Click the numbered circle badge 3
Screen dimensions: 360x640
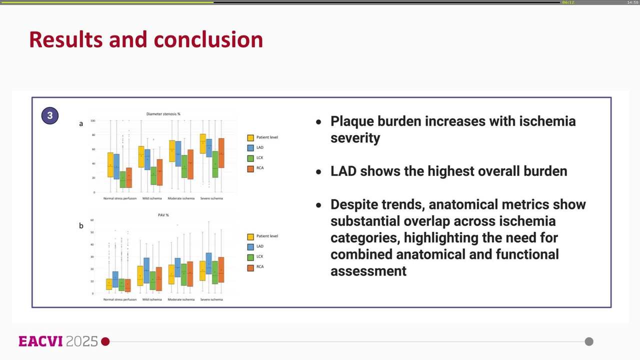click(x=50, y=115)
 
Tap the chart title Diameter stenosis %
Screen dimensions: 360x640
click(x=163, y=114)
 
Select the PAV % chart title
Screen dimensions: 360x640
click(x=163, y=215)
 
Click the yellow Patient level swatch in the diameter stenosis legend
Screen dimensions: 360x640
click(x=251, y=137)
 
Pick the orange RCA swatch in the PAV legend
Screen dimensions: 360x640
click(x=251, y=267)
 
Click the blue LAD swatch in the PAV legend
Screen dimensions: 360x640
click(x=251, y=246)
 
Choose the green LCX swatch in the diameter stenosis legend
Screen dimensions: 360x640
click(x=251, y=158)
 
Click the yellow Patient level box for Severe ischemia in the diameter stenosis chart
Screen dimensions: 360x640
click(x=202, y=143)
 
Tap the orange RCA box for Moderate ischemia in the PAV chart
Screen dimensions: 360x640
click(x=190, y=273)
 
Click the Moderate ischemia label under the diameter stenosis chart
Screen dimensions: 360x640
click(x=181, y=198)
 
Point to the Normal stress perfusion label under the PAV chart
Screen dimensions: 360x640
click(x=119, y=299)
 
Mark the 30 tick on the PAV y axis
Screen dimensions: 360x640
click(x=92, y=256)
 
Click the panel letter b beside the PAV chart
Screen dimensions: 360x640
click(x=81, y=225)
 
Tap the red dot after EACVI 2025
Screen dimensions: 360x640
click(x=105, y=341)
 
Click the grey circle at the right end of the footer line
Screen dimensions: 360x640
click(x=589, y=341)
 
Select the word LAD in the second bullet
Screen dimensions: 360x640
click(x=343, y=171)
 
